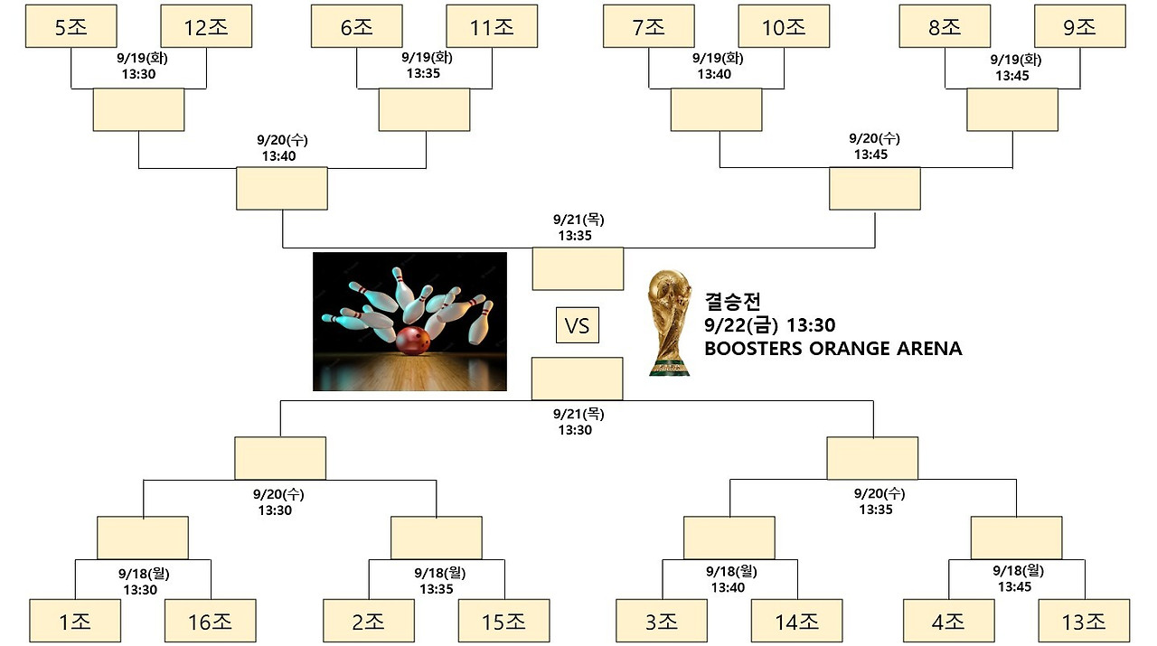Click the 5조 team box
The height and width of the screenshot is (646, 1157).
tap(71, 26)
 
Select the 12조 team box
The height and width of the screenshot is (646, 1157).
tap(206, 26)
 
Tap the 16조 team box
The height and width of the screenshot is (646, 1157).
tap(210, 621)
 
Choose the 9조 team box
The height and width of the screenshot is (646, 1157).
tap(1080, 26)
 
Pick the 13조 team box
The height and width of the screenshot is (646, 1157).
tap(1084, 621)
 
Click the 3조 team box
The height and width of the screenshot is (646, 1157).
tap(662, 621)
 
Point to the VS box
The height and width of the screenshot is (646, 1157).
tap(578, 325)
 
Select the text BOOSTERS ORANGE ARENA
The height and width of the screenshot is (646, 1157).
tap(832, 349)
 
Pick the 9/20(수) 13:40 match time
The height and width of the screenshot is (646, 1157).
tap(281, 147)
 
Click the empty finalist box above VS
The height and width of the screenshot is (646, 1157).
tap(578, 268)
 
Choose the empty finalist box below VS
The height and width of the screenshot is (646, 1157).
tap(577, 379)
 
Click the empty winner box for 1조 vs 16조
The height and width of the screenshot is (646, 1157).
tap(143, 538)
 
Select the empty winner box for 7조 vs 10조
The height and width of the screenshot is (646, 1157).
tap(716, 109)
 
